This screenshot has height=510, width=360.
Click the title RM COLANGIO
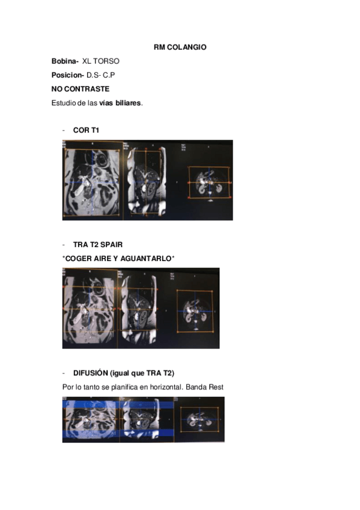pyautogui.click(x=180, y=47)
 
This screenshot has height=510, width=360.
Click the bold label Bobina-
pyautogui.click(x=65, y=61)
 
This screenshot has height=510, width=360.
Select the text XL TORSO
pyautogui.click(x=101, y=61)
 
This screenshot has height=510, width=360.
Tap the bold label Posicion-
pyautogui.click(x=68, y=75)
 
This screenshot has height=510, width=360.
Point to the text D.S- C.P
pyautogui.click(x=100, y=75)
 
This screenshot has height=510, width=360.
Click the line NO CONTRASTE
pyautogui.click(x=80, y=89)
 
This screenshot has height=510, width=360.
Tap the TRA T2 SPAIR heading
pyautogui.click(x=97, y=245)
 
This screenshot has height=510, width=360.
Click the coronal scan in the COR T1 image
pyautogui.click(x=93, y=180)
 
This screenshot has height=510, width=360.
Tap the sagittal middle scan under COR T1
pyautogui.click(x=147, y=180)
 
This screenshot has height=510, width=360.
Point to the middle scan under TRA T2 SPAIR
pyautogui.click(x=139, y=309)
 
